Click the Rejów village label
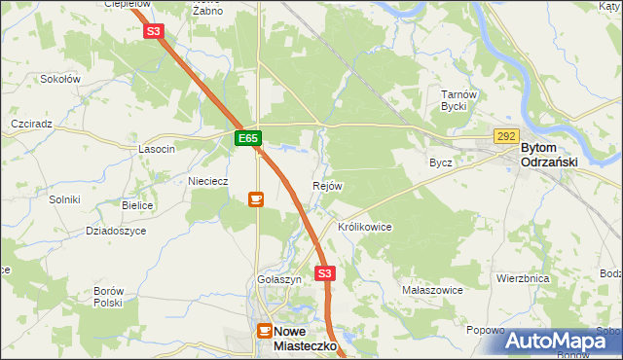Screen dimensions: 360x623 click(327, 186)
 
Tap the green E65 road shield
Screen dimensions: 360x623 click(248, 139)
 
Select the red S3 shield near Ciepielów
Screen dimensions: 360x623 click(153, 31)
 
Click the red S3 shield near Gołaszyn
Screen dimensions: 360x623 click(325, 273)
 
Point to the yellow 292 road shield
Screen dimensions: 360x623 click(506, 137)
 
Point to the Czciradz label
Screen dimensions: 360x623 click(31, 126)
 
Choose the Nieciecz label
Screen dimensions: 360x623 click(207, 181)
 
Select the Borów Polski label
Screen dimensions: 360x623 click(107, 297)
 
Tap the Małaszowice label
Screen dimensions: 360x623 click(432, 290)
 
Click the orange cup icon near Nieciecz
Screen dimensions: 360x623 click(255, 199)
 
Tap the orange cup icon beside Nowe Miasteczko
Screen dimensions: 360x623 click(264, 331)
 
